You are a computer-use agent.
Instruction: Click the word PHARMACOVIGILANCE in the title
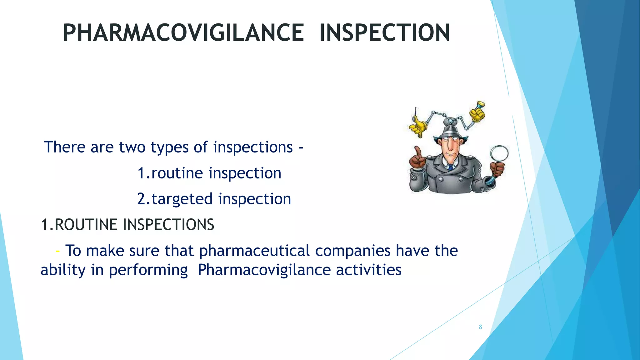pos(183,33)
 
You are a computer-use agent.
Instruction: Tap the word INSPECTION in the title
pos(385,33)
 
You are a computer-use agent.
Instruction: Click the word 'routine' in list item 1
pos(177,173)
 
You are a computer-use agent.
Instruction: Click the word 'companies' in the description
pos(353,251)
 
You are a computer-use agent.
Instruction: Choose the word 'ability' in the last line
pos(63,270)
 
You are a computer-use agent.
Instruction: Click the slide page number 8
pos(480,327)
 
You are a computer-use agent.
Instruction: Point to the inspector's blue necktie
pos(451,167)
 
